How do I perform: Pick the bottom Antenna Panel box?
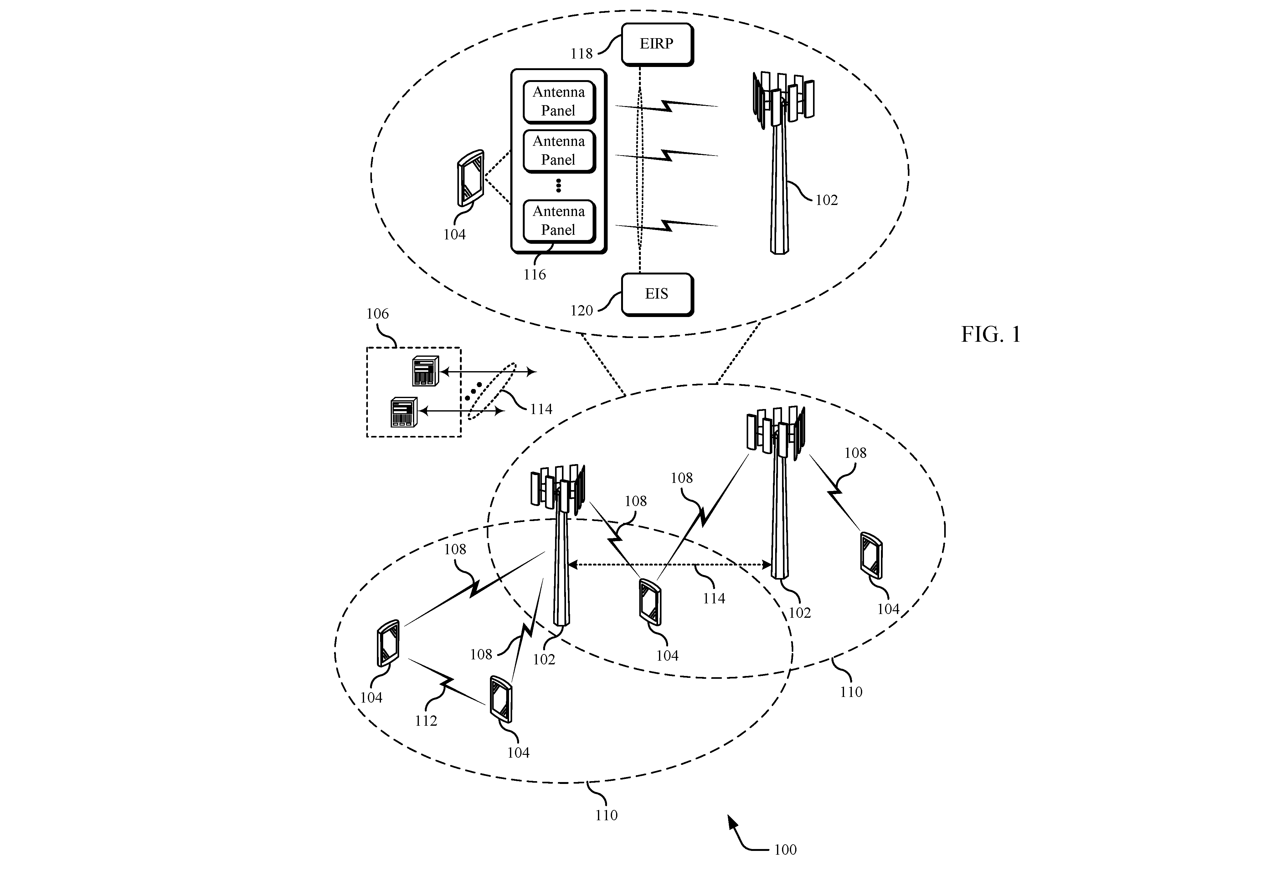[x=559, y=221]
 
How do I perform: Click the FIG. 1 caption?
[x=991, y=335]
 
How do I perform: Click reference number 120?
[x=581, y=311]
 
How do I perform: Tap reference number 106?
[x=377, y=314]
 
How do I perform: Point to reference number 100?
[x=785, y=850]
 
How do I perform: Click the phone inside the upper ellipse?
[x=471, y=178]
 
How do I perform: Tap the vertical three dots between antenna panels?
[x=558, y=185]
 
